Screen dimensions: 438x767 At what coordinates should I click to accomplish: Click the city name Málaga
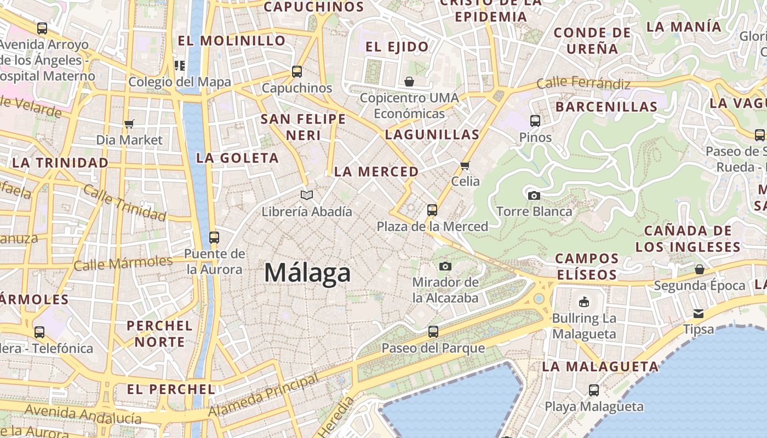click(307, 272)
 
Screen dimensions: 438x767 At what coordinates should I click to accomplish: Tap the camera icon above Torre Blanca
click(534, 195)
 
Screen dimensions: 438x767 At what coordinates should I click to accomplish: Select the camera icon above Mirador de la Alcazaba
click(445, 266)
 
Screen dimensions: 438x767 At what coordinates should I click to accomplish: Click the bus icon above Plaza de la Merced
click(432, 210)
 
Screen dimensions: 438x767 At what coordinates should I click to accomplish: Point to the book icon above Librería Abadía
click(307, 195)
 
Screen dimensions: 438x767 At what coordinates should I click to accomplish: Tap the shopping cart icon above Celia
click(465, 165)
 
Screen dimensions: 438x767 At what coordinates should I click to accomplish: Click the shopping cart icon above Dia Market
click(129, 124)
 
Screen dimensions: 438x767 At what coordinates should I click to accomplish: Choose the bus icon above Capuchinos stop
click(297, 71)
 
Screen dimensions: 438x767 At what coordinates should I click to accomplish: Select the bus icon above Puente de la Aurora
click(214, 238)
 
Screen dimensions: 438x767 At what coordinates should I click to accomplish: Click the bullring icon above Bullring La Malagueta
click(584, 302)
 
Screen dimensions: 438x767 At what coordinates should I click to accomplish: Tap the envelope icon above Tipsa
click(699, 313)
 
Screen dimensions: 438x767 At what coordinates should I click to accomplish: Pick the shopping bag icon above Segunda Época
click(700, 269)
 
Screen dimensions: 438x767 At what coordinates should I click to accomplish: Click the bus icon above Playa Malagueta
click(594, 390)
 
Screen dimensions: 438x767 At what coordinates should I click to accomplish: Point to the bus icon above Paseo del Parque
click(433, 331)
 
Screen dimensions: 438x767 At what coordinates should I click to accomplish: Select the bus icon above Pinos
click(535, 120)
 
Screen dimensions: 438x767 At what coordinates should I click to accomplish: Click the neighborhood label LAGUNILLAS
click(432, 134)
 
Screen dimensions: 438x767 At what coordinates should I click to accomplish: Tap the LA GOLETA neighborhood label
click(238, 158)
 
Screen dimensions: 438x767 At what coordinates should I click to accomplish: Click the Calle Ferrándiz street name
click(583, 83)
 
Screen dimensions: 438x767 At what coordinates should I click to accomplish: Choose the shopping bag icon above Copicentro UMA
click(409, 82)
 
